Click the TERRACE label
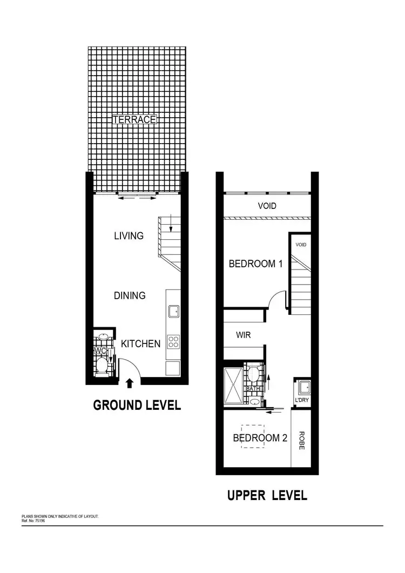(x=134, y=119)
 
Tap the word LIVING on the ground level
(x=129, y=235)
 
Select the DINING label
(x=130, y=295)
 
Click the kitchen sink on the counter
(x=174, y=312)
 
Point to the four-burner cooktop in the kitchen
(x=174, y=341)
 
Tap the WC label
(x=100, y=351)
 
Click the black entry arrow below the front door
(x=129, y=383)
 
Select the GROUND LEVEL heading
(x=137, y=405)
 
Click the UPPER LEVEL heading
(x=267, y=495)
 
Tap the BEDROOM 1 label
(x=256, y=264)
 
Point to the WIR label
(x=243, y=335)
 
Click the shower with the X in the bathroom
(x=234, y=386)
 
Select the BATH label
(x=253, y=389)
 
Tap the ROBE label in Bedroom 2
(x=301, y=440)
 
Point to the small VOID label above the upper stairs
(x=301, y=245)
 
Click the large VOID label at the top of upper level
(x=267, y=206)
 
